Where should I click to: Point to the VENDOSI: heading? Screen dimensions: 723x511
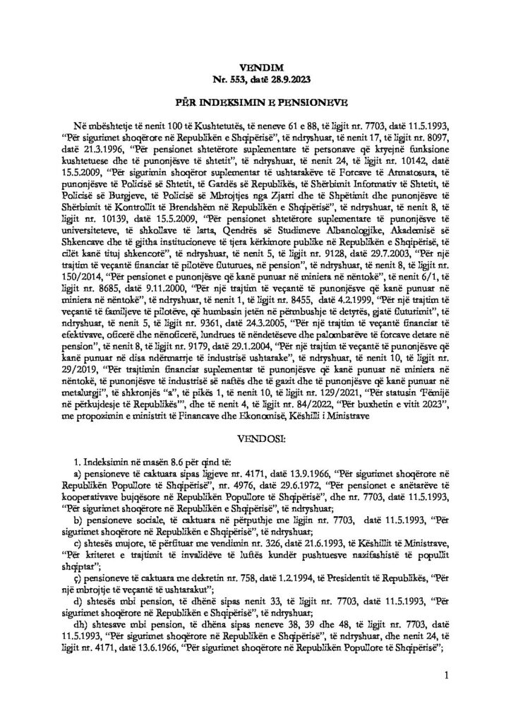coord(255,441)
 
